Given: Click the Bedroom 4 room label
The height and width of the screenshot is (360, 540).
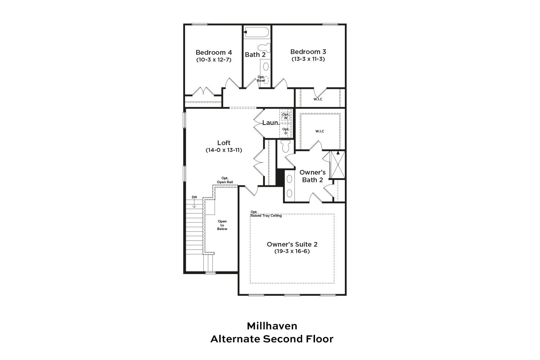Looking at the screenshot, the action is coord(213,52).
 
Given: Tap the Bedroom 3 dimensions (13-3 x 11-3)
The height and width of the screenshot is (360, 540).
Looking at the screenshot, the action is coord(308,59).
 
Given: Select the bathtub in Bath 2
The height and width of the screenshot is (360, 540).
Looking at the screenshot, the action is coord(257,32).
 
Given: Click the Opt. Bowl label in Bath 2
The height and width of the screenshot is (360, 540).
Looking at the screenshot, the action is coord(261,79).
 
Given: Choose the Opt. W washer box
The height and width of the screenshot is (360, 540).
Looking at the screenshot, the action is coord(286,116).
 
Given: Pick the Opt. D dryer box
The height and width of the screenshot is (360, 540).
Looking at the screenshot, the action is coord(286,131).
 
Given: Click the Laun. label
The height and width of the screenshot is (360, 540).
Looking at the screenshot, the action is coord(270,123).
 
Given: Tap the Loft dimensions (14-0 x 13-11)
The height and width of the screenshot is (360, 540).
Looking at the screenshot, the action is coord(224,150).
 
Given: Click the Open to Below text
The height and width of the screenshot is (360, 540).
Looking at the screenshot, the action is coord(222,225).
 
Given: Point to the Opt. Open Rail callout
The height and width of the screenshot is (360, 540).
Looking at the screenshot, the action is coord(225,180).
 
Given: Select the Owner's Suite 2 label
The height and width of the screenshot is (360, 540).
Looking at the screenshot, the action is coord(292,244).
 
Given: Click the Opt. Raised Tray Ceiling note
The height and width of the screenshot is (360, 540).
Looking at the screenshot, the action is coord(266,214).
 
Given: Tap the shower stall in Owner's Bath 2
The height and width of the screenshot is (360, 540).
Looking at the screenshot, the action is coord(338,165).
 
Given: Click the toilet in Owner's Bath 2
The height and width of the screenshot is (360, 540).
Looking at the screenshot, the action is coord(286,146).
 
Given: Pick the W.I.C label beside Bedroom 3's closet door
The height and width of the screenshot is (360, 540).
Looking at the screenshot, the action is coord(318,99).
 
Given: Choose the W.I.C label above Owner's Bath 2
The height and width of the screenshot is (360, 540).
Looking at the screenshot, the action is coord(320,131).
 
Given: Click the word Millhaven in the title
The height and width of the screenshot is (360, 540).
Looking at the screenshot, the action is coord(272,326).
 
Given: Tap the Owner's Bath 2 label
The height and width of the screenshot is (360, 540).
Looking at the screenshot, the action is coord(312,176).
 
